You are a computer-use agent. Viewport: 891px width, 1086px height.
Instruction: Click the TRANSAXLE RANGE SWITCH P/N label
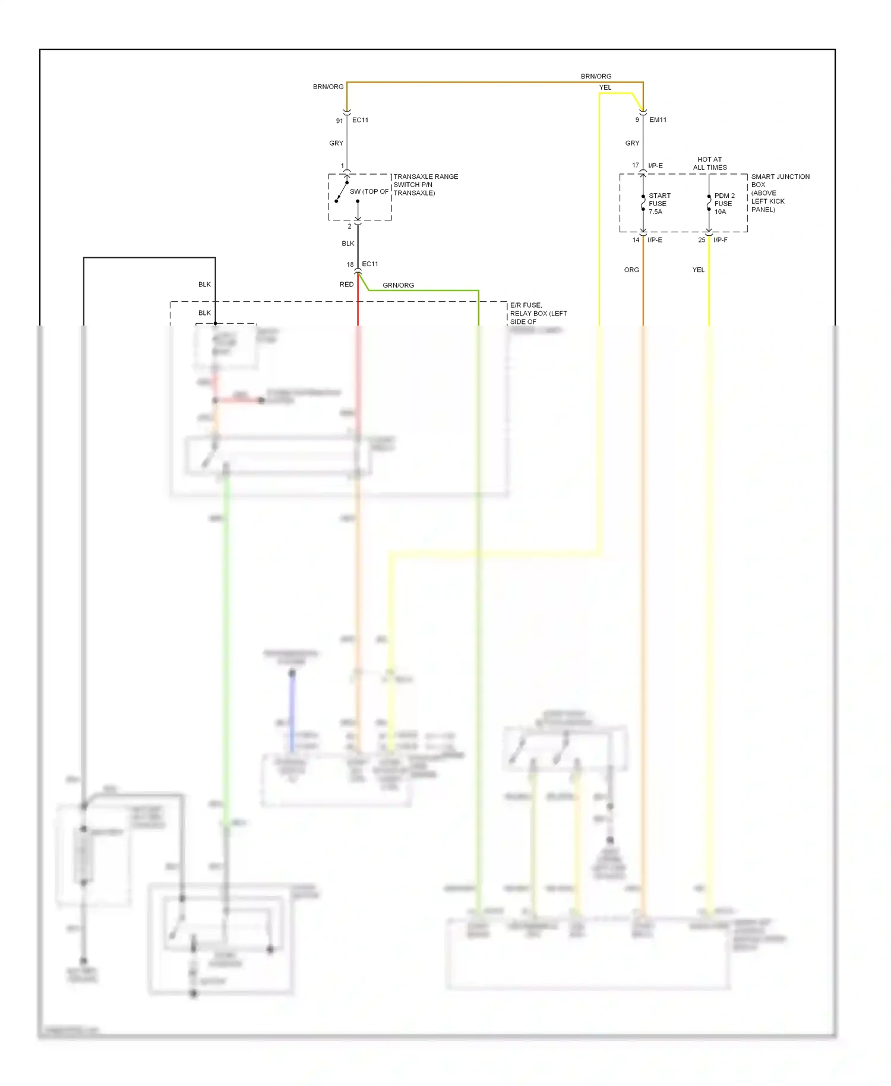tap(425, 184)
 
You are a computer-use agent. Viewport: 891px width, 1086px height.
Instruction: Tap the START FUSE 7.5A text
tap(659, 203)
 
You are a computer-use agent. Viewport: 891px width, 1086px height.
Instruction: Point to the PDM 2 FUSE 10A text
tap(724, 203)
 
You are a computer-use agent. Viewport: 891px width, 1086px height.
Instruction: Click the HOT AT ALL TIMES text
tap(709, 163)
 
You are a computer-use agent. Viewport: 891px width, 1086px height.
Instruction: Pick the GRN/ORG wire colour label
tap(398, 285)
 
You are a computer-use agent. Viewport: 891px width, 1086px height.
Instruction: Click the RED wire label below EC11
tap(346, 285)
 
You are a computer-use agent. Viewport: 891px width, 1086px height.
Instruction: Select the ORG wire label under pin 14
tap(631, 270)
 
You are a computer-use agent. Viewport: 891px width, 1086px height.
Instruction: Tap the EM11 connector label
tap(658, 120)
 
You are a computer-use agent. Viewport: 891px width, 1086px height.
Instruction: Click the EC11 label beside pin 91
tap(360, 120)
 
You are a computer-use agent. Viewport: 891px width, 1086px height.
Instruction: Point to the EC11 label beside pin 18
tap(369, 264)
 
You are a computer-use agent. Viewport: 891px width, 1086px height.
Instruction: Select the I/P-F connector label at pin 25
tap(720, 240)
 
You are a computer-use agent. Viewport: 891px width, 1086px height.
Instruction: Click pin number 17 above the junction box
tap(635, 165)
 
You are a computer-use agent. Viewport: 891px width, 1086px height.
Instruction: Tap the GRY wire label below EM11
tap(632, 143)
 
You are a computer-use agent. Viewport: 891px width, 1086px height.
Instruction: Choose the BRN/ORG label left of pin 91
tap(328, 87)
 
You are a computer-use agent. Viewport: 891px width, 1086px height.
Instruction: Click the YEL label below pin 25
tap(698, 270)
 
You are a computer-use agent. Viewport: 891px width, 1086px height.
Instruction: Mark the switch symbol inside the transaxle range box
tap(342, 191)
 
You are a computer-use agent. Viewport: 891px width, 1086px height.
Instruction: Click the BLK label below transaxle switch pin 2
tap(347, 244)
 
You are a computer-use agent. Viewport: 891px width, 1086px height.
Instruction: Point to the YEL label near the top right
tap(605, 87)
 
